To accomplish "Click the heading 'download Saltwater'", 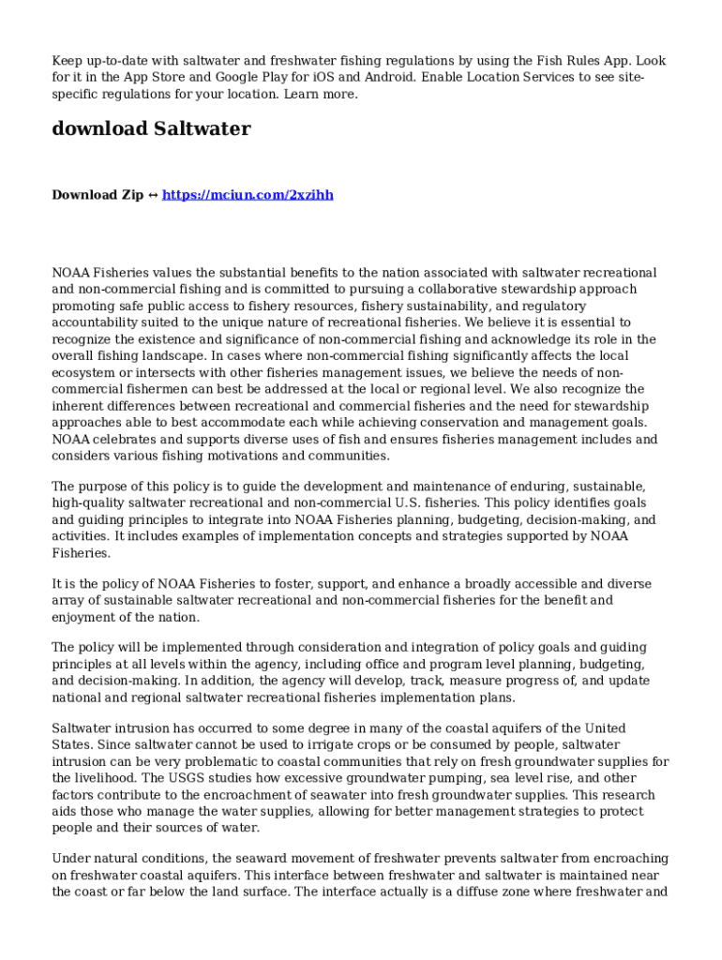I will (151, 129).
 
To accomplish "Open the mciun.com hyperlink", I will (248, 195).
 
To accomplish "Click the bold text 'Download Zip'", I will (98, 195).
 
